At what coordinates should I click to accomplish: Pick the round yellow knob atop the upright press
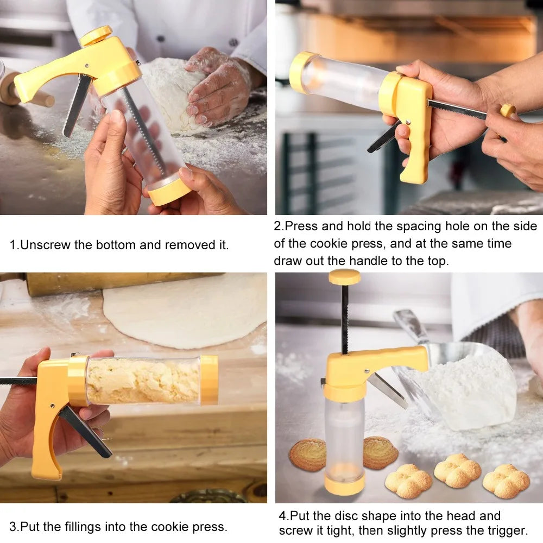(344, 277)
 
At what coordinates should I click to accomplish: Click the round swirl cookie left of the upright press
(307, 454)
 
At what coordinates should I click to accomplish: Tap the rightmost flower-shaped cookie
(506, 480)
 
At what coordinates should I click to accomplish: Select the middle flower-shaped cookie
(457, 470)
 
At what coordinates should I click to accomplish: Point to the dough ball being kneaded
(171, 95)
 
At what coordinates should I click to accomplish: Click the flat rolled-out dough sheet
(185, 310)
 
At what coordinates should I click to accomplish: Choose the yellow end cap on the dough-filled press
(209, 380)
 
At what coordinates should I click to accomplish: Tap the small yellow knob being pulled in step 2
(507, 110)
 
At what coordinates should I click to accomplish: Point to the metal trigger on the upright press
(387, 390)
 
